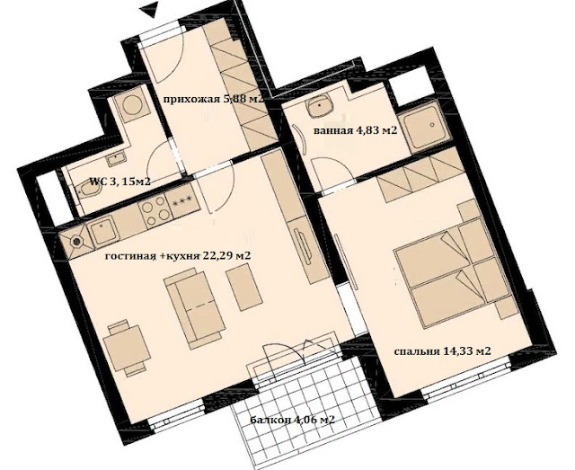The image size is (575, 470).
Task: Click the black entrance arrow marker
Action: click(151, 8)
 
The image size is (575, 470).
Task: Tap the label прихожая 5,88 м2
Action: click(214, 99)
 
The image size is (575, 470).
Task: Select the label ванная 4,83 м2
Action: click(356, 130)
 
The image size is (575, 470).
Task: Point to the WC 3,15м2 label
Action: click(120, 182)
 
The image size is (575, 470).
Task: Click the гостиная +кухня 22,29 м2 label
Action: click(178, 256)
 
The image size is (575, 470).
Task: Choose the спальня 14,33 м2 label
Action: click(442, 351)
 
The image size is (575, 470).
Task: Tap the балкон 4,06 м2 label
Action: click(293, 420)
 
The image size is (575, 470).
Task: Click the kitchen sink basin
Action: click(102, 231)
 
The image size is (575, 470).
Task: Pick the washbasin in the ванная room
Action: click(321, 106)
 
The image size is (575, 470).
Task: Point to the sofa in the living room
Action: click(194, 308)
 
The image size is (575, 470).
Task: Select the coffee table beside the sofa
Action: click(243, 288)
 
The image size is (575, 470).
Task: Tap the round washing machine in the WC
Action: click(132, 105)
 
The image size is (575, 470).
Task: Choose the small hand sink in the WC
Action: click(116, 159)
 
